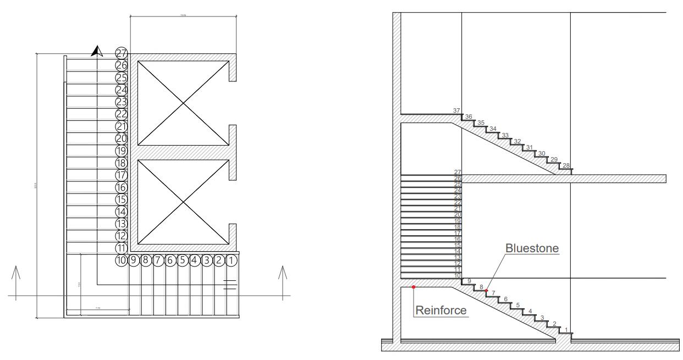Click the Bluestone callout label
[x=532, y=248]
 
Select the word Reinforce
[x=441, y=310]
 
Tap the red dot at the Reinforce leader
[x=414, y=287]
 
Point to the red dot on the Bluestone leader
[x=487, y=290]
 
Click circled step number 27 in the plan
[x=122, y=53]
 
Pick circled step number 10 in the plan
[x=122, y=261]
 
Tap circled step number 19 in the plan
[x=122, y=151]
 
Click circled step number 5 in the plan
[x=183, y=261]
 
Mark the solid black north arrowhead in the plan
[x=97, y=51]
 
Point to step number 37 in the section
[x=456, y=110]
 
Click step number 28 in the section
[x=566, y=165]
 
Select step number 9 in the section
[x=469, y=281]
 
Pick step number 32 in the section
[x=517, y=141]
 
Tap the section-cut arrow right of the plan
[x=283, y=281]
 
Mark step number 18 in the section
[x=458, y=226]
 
